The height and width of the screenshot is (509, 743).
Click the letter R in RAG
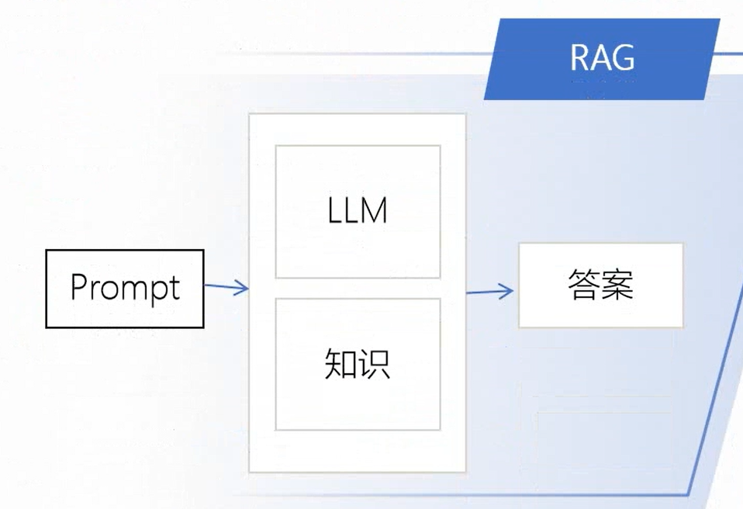click(x=581, y=58)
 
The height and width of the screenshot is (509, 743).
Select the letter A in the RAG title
click(x=602, y=58)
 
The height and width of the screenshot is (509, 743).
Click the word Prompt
click(x=125, y=289)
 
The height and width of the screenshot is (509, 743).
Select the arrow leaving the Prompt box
click(x=226, y=288)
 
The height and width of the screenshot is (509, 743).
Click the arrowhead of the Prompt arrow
click(x=243, y=289)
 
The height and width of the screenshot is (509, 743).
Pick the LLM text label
click(x=357, y=211)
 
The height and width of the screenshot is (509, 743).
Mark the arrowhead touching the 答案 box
click(x=508, y=292)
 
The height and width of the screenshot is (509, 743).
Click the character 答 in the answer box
click(x=584, y=285)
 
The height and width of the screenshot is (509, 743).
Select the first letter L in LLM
click(x=335, y=211)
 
